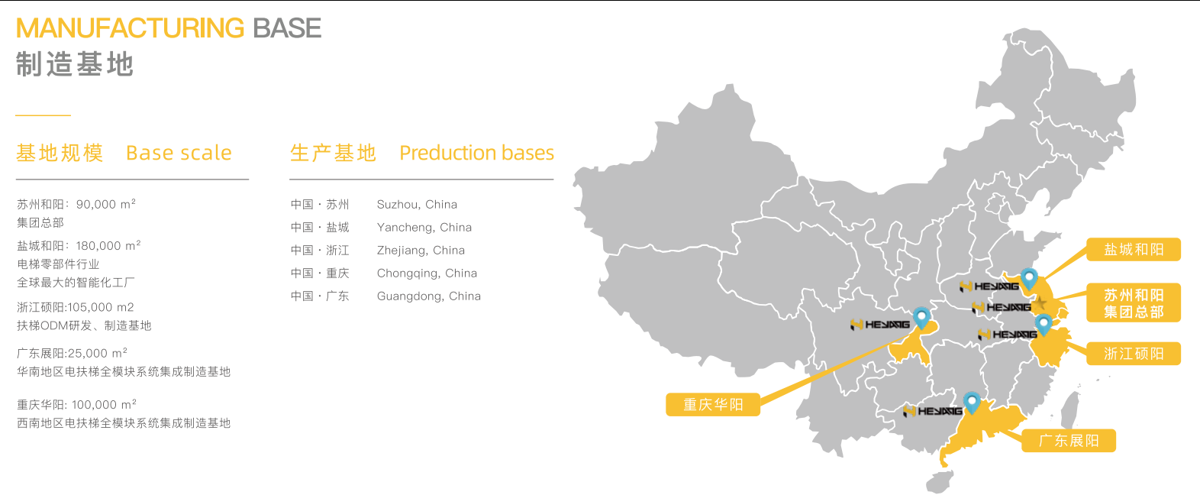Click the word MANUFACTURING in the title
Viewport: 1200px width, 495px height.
[x=130, y=28]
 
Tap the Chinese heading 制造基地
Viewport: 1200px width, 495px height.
[x=75, y=64]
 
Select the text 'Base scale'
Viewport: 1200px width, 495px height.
[x=179, y=153]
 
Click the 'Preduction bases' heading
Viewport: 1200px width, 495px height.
[x=476, y=153]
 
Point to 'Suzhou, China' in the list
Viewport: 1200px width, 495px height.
[x=417, y=205]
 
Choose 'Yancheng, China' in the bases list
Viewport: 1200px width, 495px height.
[x=424, y=228]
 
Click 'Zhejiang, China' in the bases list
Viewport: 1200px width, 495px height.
[x=421, y=251]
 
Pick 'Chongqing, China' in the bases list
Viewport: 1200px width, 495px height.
[x=427, y=273]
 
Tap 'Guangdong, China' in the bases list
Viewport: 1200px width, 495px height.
[x=428, y=296]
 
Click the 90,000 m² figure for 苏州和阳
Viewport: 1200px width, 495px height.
[x=106, y=205]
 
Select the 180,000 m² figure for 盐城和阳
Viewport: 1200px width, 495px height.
[x=108, y=246]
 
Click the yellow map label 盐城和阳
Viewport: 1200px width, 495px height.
[x=1134, y=250]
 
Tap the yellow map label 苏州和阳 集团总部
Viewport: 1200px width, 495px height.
[x=1134, y=303]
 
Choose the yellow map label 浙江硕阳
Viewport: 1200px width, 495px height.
[x=1134, y=354]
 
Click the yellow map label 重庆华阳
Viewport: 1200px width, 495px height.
[x=713, y=405]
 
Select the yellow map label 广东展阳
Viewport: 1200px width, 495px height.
[x=1069, y=441]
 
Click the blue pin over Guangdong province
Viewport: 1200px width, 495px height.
[x=971, y=401]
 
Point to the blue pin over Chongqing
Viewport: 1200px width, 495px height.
[x=921, y=316]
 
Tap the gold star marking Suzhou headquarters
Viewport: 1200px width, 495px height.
[x=1040, y=302]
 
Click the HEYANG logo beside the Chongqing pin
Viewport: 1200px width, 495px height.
[x=880, y=325]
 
